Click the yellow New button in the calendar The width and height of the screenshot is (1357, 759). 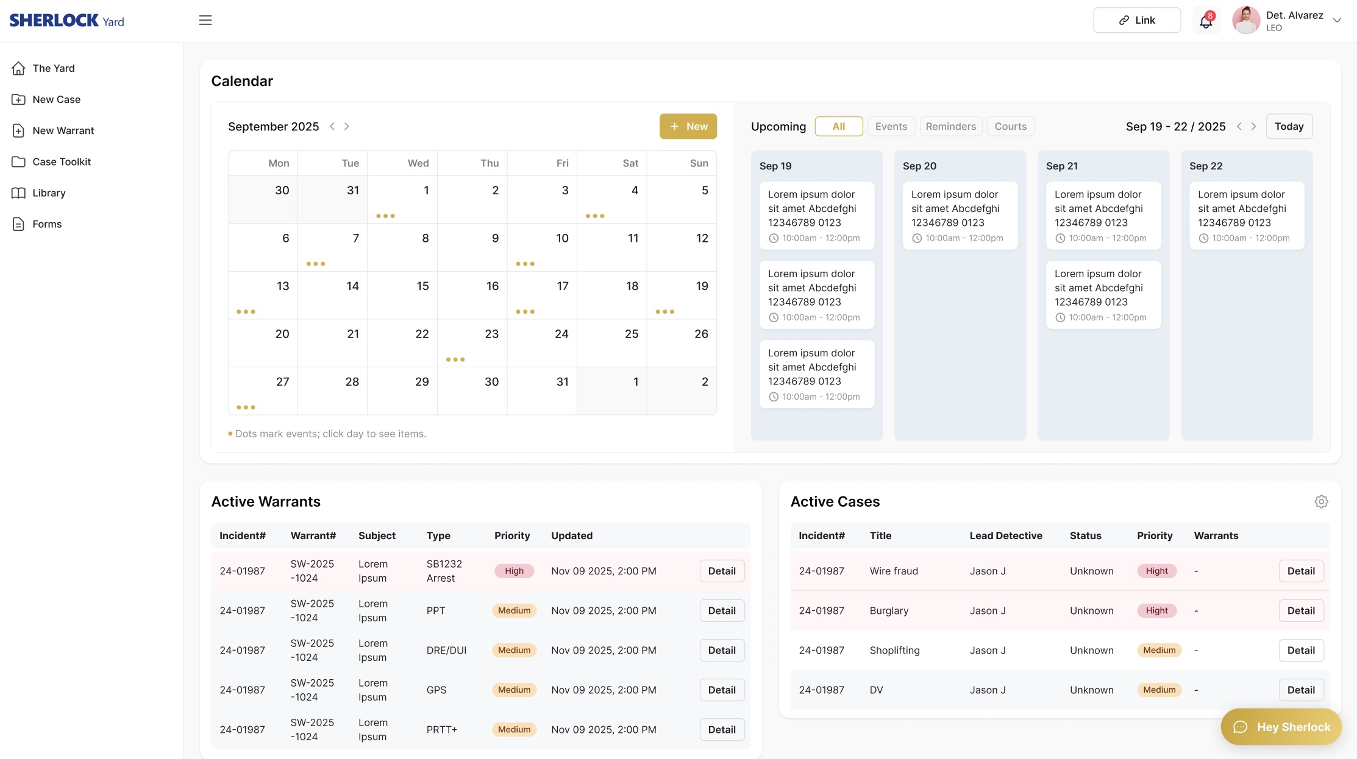(688, 126)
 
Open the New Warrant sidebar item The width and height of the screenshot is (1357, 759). (63, 130)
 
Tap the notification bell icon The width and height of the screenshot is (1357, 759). (1205, 21)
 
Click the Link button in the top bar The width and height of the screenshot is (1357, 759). (1136, 20)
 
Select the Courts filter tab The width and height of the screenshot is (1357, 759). (1010, 126)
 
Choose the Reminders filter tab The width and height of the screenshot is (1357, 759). (950, 126)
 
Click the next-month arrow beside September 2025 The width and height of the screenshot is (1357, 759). (347, 126)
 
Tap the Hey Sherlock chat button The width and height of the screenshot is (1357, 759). (1281, 727)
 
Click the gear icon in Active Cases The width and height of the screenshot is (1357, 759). (1321, 501)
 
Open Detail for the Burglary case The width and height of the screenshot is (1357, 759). (1301, 610)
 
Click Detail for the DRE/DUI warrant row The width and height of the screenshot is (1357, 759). (722, 650)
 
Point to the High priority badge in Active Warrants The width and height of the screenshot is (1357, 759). (514, 571)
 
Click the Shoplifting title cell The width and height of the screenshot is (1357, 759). (894, 650)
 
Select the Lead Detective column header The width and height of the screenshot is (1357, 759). (1006, 535)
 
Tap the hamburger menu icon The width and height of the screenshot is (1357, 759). (205, 20)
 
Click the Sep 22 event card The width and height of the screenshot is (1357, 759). (1246, 215)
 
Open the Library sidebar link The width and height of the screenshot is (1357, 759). (49, 192)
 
